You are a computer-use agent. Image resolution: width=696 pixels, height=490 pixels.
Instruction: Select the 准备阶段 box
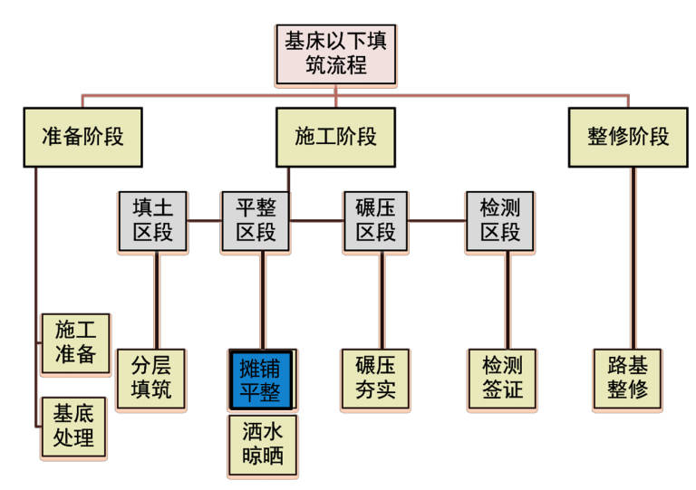tap(82, 137)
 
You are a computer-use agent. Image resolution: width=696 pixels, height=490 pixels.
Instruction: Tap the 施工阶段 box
tap(336, 137)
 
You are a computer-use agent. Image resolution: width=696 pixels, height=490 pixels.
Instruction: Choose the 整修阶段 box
tap(628, 137)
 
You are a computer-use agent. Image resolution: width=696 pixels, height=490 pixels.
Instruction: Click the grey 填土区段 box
tap(153, 220)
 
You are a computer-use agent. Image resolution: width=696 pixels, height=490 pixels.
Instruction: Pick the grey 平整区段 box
tap(256, 220)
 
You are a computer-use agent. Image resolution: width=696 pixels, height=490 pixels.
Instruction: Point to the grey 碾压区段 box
tap(375, 220)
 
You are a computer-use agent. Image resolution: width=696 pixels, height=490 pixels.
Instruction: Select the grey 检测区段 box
tap(499, 220)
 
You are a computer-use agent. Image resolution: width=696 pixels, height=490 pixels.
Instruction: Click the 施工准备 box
tap(75, 341)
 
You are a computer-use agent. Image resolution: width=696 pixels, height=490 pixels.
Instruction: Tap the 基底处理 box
tap(75, 427)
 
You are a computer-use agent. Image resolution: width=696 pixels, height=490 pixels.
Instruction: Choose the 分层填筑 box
tap(150, 380)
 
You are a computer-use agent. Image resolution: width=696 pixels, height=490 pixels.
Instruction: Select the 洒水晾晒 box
tap(261, 443)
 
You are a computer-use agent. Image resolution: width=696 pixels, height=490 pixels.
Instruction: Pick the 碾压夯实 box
tap(374, 380)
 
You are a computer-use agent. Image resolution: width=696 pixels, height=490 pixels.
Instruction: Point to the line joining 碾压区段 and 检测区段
tap(436, 219)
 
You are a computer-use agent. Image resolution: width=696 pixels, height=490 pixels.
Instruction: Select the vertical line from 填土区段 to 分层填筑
tap(158, 300)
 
